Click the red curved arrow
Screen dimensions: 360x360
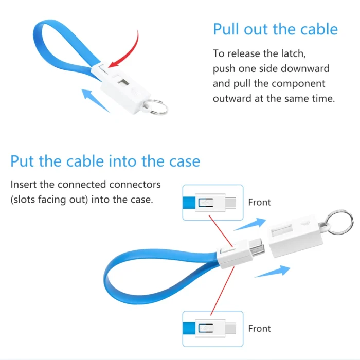131,53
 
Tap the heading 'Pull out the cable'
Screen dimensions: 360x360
276,29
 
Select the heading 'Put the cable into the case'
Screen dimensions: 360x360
105,161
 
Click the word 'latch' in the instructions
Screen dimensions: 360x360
294,53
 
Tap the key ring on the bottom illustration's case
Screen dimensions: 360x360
339,222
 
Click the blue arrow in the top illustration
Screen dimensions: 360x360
96,101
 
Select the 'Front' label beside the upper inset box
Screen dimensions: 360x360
259,202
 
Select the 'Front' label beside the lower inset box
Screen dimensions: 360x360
259,329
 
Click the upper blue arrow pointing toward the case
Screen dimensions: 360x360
250,224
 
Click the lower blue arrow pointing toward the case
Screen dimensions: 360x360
273,271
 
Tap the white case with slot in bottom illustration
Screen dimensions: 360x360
296,236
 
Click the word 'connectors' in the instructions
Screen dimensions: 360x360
135,184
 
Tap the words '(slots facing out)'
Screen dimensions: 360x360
49,200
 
